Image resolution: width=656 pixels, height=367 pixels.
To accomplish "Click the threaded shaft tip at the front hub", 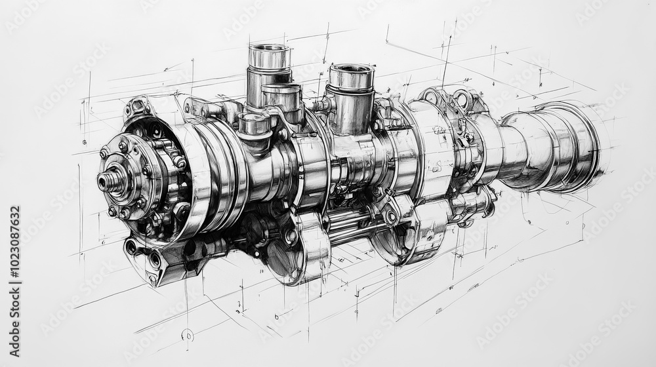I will pyautogui.click(x=108, y=179).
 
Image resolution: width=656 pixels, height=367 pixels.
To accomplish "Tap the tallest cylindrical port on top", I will pyautogui.click(x=269, y=72).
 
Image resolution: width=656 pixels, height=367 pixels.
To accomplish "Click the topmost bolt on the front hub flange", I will pyautogui.click(x=123, y=145).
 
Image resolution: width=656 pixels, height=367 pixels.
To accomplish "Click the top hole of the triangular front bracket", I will pyautogui.click(x=131, y=247).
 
